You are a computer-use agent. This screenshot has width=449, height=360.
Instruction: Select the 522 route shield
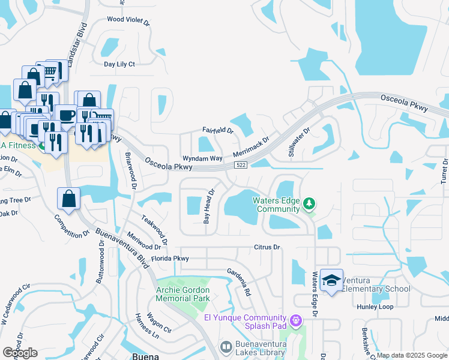(241, 165)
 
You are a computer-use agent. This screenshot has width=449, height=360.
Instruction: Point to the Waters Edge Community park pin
(309, 204)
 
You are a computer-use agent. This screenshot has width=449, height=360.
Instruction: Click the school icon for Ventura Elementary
(331, 280)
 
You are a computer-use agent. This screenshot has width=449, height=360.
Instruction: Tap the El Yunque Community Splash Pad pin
(295, 322)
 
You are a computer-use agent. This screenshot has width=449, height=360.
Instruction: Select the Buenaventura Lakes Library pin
(226, 347)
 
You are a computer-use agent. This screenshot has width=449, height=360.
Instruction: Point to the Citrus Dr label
(267, 247)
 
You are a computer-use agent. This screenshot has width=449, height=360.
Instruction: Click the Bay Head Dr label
(208, 207)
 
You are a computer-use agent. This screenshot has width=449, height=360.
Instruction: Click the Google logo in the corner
(20, 353)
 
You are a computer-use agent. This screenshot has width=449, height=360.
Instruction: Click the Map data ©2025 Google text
(412, 355)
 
